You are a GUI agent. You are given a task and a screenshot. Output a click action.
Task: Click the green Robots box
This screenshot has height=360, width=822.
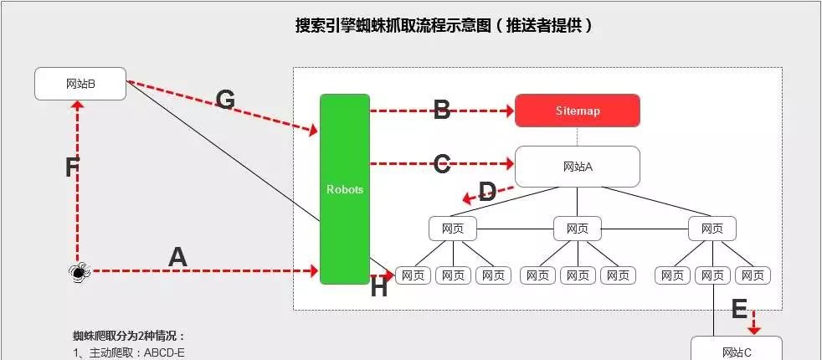[344, 189]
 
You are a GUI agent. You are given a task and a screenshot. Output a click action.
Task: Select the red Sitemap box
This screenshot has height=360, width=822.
[578, 111]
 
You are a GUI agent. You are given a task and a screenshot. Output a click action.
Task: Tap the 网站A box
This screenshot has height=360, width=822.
[578, 167]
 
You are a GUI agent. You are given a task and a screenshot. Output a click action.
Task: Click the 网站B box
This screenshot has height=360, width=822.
[80, 84]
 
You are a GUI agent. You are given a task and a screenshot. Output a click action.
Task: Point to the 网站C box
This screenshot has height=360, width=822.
[737, 350]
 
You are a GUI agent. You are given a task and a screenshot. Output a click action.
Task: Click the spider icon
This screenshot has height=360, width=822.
[78, 270]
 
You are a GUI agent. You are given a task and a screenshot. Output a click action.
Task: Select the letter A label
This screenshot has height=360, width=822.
[177, 257]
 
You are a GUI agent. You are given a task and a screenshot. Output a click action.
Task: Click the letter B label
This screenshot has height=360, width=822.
[442, 110]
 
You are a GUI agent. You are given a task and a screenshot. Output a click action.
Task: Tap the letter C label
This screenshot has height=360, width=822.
[442, 164]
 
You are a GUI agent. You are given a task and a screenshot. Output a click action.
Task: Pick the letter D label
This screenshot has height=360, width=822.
[486, 189]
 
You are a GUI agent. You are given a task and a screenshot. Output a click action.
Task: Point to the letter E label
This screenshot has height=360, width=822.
[739, 310]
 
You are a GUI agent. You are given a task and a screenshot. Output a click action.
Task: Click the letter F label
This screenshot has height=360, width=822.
[72, 167]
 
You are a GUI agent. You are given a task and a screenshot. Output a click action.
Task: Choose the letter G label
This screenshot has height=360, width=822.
[225, 100]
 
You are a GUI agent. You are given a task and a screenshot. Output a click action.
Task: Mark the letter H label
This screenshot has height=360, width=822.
[379, 288]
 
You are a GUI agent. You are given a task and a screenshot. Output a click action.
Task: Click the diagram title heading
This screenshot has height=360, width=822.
[444, 25]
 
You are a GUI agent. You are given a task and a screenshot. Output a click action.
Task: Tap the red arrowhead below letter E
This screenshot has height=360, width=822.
[754, 329]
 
